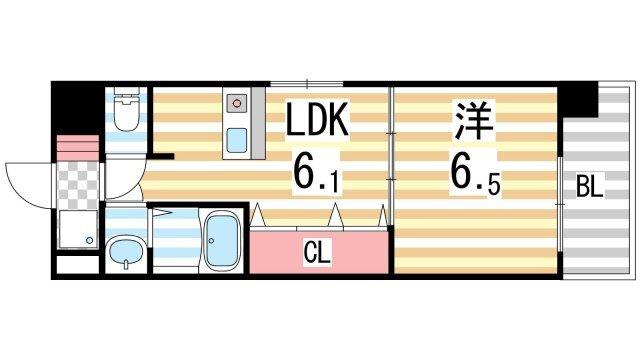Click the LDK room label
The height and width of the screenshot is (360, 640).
click(x=318, y=124)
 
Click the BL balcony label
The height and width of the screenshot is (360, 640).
click(x=589, y=186)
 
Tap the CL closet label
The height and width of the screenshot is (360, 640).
click(x=317, y=252)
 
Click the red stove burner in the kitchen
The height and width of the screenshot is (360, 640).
click(x=237, y=102)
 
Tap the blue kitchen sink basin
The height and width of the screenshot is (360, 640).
click(x=237, y=136)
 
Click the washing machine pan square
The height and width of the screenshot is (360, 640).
click(x=76, y=230)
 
